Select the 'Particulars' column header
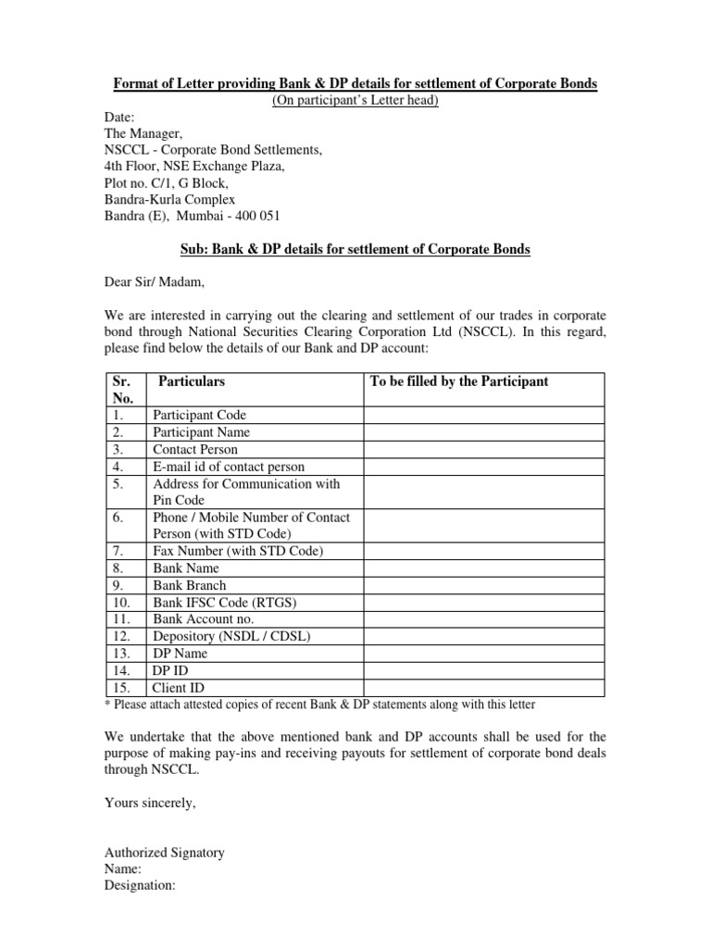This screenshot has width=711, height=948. point(192,380)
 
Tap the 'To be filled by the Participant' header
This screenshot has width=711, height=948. point(458,380)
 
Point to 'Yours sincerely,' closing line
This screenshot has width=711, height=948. point(149,803)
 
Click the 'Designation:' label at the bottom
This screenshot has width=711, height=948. point(140,886)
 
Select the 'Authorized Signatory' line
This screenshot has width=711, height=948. point(164,853)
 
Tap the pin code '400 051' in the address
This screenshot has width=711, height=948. point(258,217)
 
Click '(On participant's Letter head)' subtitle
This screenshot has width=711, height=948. point(355,101)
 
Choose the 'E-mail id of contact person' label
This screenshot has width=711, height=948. point(229,467)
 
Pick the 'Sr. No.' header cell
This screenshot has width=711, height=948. point(123,389)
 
